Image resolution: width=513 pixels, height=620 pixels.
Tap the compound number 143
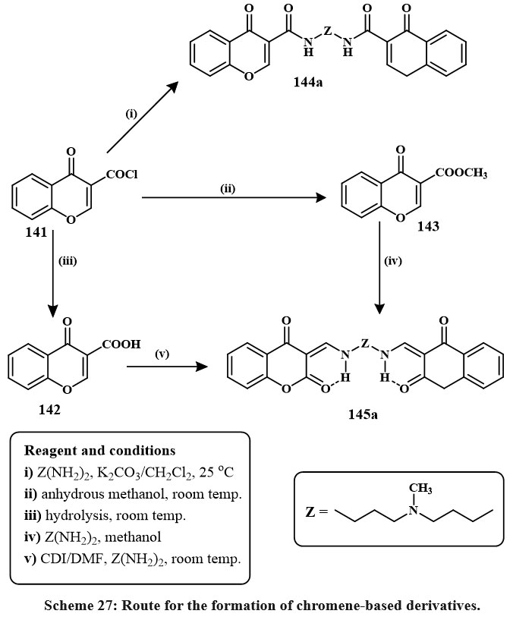[421, 227]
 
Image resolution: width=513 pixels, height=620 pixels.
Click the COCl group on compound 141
[121, 176]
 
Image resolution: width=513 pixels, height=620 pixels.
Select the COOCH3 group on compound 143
[461, 174]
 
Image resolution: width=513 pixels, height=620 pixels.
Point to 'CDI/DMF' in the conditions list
[59, 560]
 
